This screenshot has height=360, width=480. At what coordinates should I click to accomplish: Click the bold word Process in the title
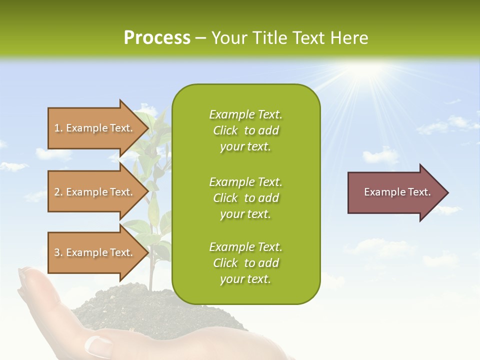click(157, 38)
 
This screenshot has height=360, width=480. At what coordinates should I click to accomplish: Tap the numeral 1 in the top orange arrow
click(57, 128)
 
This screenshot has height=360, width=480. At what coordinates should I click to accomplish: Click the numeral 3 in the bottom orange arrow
click(57, 252)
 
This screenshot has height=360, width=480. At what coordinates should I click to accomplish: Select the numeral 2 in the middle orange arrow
click(57, 192)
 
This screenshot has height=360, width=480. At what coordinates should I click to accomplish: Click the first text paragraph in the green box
click(245, 130)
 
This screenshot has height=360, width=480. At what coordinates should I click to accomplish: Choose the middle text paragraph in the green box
click(245, 198)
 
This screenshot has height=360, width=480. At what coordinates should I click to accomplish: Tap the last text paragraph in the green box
click(245, 263)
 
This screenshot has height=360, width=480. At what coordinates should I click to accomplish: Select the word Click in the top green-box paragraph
click(225, 131)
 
